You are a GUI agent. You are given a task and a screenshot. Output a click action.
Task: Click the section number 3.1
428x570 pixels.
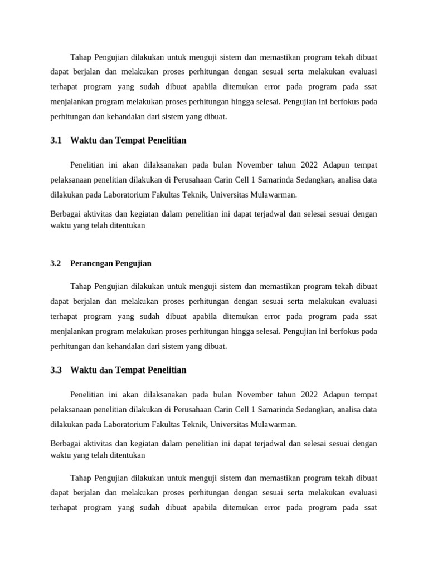point(56,141)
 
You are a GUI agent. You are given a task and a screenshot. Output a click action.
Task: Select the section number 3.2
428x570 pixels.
point(56,263)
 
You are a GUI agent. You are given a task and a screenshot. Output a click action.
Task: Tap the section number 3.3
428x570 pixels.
point(56,370)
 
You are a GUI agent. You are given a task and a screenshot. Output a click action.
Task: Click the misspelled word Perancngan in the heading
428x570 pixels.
point(91,263)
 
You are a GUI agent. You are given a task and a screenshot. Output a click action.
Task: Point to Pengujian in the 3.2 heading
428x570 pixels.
point(133,263)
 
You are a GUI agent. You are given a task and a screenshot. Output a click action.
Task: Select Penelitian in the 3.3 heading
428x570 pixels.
point(166,370)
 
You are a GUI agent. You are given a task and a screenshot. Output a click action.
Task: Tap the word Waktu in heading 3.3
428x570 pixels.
point(84,370)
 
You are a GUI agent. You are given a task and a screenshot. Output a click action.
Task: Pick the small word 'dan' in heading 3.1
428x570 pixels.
point(106,141)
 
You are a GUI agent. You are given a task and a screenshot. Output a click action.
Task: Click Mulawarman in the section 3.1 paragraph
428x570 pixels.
point(272,195)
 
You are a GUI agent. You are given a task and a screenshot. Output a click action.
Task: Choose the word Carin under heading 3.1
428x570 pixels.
point(222,180)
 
